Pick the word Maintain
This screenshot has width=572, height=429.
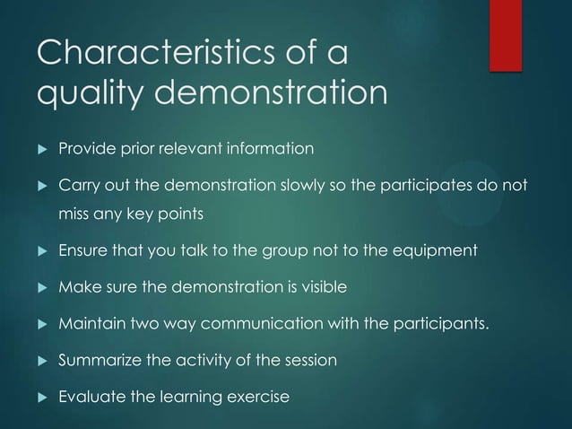tap(88, 323)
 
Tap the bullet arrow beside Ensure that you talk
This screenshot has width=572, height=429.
tap(40, 250)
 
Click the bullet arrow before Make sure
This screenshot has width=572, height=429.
tap(40, 286)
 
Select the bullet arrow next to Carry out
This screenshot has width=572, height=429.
tap(40, 186)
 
